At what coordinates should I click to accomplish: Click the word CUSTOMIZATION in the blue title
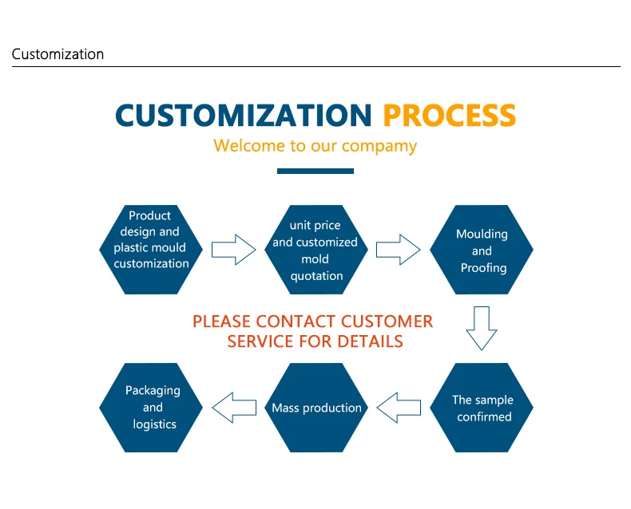(244, 116)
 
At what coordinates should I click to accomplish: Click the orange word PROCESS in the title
(449, 116)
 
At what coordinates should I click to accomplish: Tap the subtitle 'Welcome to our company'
(315, 146)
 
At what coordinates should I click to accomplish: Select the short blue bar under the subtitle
(315, 171)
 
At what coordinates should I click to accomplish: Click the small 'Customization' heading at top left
(58, 54)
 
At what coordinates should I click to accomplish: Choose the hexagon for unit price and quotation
(316, 249)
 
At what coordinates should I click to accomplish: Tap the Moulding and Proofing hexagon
(482, 249)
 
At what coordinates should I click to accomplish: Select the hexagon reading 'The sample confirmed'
(482, 408)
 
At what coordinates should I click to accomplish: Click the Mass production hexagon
(316, 408)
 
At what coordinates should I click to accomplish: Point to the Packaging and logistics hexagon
(151, 408)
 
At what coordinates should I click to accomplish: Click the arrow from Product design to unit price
(233, 249)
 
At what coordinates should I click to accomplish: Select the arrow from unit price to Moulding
(399, 249)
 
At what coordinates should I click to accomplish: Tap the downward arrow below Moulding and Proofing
(482, 328)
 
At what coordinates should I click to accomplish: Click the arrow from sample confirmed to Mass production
(399, 408)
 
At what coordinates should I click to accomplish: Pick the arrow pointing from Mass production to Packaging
(233, 408)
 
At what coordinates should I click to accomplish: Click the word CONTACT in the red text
(296, 322)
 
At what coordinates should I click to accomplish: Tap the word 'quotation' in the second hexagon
(317, 276)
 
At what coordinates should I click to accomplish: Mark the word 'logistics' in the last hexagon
(155, 424)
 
